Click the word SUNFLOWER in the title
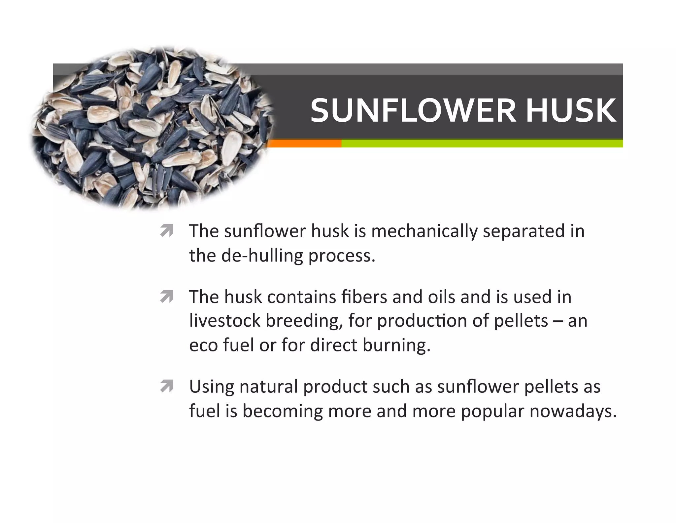(x=413, y=110)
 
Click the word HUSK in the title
(x=571, y=110)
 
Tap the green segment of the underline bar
(x=482, y=143)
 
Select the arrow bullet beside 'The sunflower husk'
(x=167, y=231)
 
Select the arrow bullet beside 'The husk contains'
(x=167, y=297)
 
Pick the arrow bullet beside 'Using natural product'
(x=167, y=386)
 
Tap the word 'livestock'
(x=224, y=321)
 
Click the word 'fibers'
(x=364, y=297)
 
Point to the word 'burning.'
(x=396, y=345)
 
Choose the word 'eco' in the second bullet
(x=203, y=345)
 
